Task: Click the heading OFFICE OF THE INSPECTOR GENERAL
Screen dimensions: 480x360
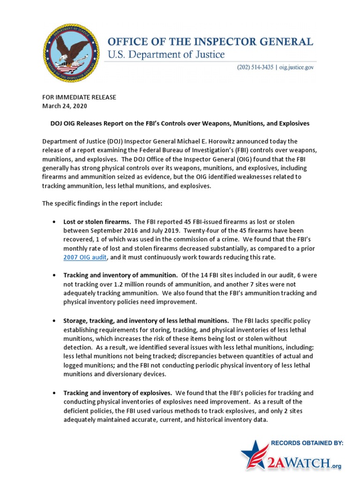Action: click(x=210, y=42)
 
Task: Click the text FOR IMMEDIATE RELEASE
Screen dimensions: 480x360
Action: click(x=79, y=97)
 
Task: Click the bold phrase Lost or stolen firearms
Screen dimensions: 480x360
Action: click(x=97, y=221)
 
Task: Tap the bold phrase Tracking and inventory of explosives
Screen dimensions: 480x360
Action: click(x=118, y=393)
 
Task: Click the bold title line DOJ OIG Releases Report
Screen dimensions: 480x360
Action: click(x=180, y=123)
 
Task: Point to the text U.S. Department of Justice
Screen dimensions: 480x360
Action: click(x=166, y=55)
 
